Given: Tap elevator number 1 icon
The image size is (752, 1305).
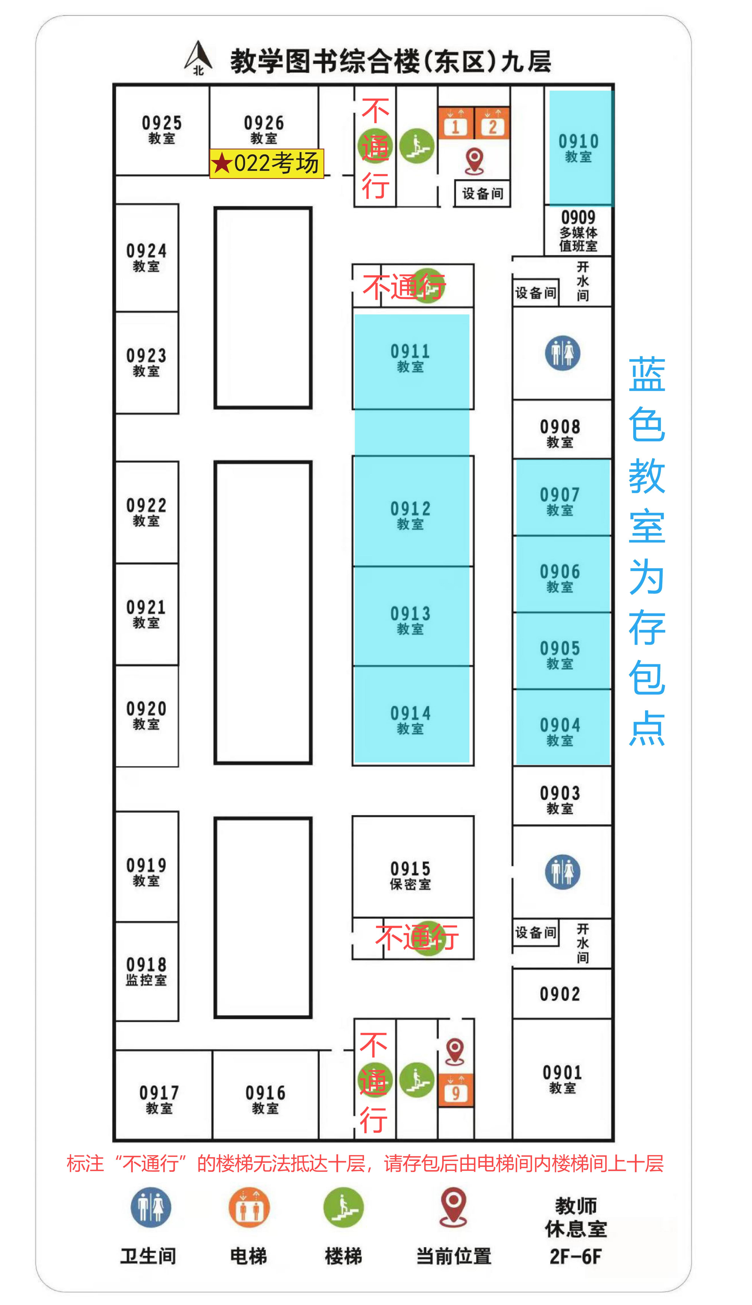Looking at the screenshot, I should pyautogui.click(x=456, y=124).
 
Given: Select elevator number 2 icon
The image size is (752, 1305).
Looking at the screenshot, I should pyautogui.click(x=492, y=124).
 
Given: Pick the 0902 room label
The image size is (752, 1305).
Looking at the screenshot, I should pyautogui.click(x=560, y=994).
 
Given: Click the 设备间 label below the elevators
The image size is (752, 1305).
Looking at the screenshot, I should pyautogui.click(x=482, y=194).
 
